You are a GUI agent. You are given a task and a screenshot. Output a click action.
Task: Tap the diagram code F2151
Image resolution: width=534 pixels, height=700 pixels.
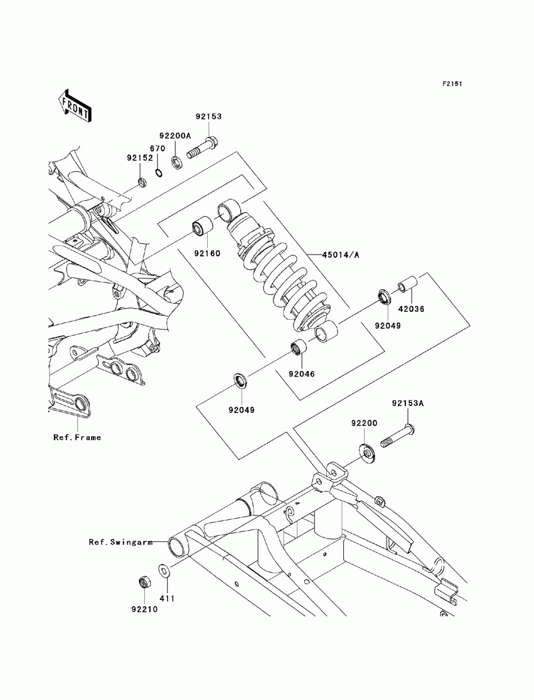451,84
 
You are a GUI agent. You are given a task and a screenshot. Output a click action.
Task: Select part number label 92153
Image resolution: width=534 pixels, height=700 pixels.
208,116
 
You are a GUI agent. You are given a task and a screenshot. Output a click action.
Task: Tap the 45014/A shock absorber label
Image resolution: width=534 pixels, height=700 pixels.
340,255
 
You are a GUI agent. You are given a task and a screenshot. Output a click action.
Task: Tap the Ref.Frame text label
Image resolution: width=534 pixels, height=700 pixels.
77,437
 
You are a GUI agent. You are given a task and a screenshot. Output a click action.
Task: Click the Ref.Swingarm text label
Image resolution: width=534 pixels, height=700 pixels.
120,542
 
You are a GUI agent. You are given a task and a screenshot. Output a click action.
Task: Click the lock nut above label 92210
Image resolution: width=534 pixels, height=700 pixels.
144,582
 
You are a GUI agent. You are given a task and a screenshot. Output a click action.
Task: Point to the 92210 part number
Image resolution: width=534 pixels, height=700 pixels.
142,608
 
